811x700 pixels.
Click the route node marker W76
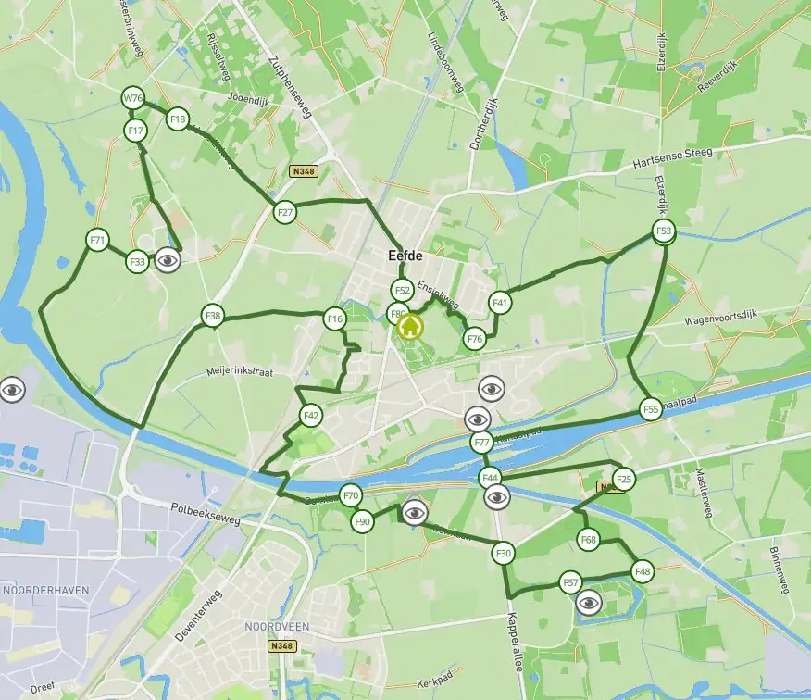(x=133, y=98)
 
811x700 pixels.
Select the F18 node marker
(x=177, y=119)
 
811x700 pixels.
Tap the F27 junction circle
(x=285, y=212)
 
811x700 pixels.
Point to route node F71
(x=97, y=241)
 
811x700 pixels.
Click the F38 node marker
(x=214, y=317)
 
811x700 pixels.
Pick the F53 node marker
(x=663, y=231)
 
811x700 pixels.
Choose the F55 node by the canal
(x=650, y=408)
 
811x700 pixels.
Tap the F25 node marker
(x=624, y=479)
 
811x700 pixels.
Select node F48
(x=643, y=572)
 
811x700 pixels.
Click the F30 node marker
(x=503, y=554)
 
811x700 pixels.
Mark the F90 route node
(x=362, y=522)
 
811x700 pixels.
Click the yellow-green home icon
(x=409, y=326)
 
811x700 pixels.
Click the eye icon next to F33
(x=168, y=260)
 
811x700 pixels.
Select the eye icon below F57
(x=590, y=604)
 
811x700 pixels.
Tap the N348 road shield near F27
(x=301, y=171)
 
